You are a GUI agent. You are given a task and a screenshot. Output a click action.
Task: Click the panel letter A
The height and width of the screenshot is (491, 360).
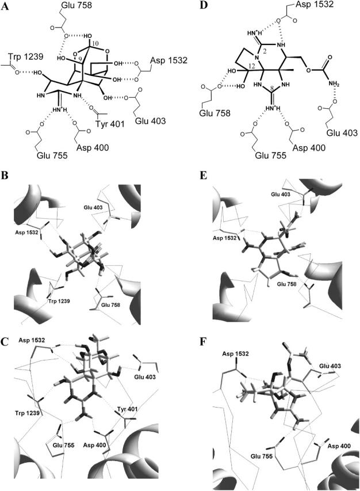point(7,7)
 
